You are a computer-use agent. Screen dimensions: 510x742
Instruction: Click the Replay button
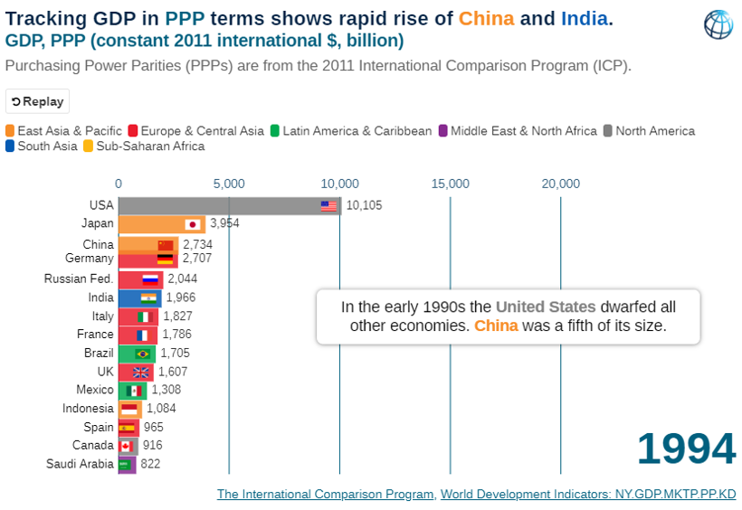(x=37, y=101)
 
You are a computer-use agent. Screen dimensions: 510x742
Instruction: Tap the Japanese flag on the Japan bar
(x=192, y=224)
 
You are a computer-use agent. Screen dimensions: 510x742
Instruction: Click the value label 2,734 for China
(x=197, y=245)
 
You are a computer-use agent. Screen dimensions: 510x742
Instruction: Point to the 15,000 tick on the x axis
(x=450, y=184)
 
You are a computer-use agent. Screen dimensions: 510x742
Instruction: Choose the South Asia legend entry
(x=41, y=146)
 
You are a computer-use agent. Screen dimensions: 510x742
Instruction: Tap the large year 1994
(x=686, y=449)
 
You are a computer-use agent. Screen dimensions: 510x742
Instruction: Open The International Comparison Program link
(x=325, y=495)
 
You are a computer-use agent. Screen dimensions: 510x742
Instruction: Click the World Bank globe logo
(x=718, y=24)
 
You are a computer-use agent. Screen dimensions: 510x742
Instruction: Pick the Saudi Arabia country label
(x=80, y=465)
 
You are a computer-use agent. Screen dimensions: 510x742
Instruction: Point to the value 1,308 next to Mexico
(x=166, y=390)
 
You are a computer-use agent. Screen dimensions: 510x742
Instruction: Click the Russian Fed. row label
(x=79, y=279)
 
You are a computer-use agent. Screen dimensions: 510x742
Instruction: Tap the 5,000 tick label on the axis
(x=229, y=184)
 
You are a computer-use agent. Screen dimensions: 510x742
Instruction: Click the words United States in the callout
(x=546, y=307)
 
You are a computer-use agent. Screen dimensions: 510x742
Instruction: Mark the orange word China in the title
(x=486, y=18)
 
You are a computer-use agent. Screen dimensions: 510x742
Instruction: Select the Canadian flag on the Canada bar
(x=126, y=446)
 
